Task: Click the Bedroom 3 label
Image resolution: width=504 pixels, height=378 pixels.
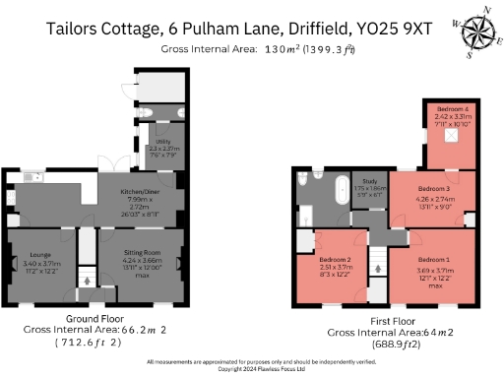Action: pos(434,188)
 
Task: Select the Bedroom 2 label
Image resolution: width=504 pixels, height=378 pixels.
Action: pos(337,258)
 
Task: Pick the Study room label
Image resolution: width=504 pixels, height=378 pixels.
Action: pos(371,181)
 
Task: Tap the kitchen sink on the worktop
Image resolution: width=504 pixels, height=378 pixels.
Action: pos(29,178)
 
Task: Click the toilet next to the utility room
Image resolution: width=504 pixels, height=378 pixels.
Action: pos(157,110)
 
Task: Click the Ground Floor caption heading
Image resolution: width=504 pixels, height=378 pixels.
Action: pos(94,321)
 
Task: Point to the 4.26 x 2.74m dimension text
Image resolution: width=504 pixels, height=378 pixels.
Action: pos(434,198)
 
